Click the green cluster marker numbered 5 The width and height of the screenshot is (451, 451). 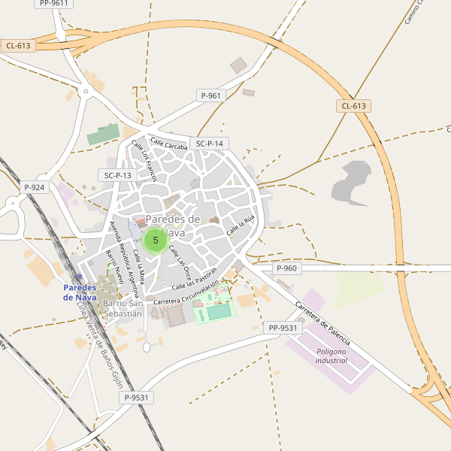tap(156, 241)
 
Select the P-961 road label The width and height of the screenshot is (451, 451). tap(211, 95)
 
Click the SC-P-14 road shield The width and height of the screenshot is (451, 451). tap(209, 144)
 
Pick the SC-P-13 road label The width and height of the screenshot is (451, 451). tap(117, 175)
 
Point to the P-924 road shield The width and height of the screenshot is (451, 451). tap(34, 187)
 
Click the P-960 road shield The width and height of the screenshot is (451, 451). tap(286, 268)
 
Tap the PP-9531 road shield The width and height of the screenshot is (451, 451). tap(283, 328)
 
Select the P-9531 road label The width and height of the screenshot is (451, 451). tap(138, 398)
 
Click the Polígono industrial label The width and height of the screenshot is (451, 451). tap(331, 356)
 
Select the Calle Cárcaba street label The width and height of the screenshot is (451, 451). tap(168, 143)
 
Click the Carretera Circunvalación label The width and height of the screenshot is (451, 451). tap(186, 293)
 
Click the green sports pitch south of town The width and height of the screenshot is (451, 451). tap(219, 310)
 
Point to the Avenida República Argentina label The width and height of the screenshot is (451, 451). tap(127, 250)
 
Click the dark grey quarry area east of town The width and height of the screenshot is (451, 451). tap(351, 183)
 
